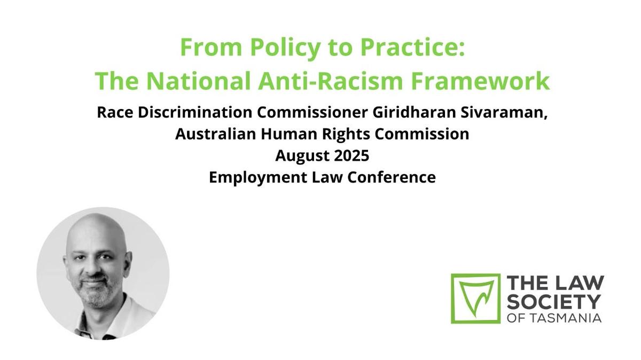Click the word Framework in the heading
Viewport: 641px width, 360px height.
[480, 81]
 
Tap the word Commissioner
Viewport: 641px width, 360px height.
[312, 112]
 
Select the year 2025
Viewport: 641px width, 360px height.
[351, 155]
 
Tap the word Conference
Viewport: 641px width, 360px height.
[392, 177]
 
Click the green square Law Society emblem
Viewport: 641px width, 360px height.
[475, 299]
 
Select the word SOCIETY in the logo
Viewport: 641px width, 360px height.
[554, 302]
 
